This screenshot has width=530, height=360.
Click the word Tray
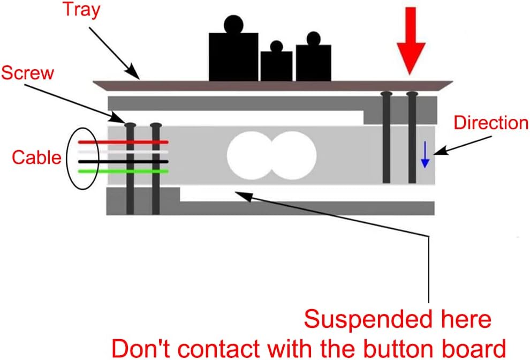coord(81,10)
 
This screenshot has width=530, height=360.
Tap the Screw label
coord(27,72)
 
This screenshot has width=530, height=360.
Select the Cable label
coord(35,157)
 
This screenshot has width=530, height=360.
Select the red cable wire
coord(123,142)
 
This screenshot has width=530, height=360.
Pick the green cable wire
coord(123,171)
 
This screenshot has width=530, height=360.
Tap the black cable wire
coord(123,161)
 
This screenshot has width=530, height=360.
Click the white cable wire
coord(123,152)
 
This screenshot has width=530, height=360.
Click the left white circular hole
coord(249,155)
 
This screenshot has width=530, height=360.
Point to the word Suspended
coord(356,320)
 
